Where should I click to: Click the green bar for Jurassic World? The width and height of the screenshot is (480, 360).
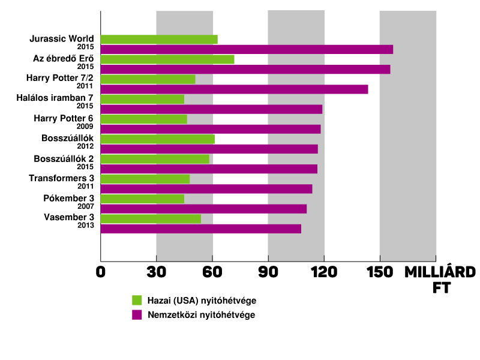[x=159, y=40]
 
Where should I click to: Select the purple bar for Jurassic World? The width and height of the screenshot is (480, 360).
[x=247, y=50]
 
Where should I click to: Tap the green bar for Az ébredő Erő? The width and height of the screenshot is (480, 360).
[x=167, y=59]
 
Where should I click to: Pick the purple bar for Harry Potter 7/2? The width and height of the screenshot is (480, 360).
[x=234, y=89]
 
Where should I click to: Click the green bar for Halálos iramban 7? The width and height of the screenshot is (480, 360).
[x=142, y=99]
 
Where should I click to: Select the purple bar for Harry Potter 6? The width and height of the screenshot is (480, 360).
[x=211, y=129]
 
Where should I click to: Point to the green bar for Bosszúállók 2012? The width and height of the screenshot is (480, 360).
[x=158, y=139]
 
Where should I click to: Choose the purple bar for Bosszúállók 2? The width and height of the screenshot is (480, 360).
[x=209, y=169]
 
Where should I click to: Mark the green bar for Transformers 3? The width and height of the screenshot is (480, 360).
[x=145, y=179]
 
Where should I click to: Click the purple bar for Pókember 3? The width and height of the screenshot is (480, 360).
[x=203, y=209]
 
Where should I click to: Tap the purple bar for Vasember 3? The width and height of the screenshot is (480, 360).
[x=201, y=229]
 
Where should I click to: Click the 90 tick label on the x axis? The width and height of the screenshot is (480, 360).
[x=268, y=272]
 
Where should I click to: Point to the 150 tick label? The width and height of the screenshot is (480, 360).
[x=380, y=272]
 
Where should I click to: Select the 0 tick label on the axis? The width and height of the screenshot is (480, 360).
[x=101, y=272]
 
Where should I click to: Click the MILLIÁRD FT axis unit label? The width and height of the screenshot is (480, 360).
[x=440, y=280]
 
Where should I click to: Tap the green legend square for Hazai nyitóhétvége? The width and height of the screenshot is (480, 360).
[x=137, y=300]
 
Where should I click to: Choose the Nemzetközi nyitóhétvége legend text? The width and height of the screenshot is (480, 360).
[x=202, y=314]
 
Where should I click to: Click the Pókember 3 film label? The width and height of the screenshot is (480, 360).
[x=68, y=199]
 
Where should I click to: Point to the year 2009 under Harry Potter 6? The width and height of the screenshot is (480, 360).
[x=85, y=126]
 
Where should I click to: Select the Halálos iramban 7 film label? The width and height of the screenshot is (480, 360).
[x=55, y=98]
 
